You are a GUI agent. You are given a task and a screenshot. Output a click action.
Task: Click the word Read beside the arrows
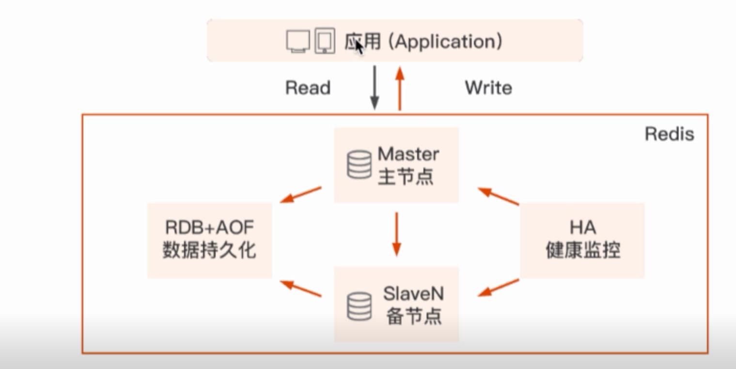[x=308, y=88]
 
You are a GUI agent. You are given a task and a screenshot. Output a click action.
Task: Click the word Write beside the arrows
[x=488, y=88]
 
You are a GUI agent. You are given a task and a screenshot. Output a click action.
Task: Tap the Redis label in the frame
[x=669, y=134]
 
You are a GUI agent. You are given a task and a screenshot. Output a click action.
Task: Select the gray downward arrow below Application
[x=375, y=87]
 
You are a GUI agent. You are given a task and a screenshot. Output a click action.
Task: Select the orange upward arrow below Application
[x=400, y=88]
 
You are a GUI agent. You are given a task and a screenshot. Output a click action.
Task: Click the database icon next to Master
[x=359, y=165]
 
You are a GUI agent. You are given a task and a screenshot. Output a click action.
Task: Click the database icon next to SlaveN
[x=360, y=306]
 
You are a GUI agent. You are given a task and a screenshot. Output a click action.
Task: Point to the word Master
[x=408, y=154]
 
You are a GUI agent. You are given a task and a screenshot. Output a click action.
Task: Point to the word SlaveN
[x=413, y=293]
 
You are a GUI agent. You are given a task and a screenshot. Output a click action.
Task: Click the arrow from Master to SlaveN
[x=397, y=234]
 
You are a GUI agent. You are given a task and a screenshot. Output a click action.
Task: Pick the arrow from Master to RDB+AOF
[x=300, y=194]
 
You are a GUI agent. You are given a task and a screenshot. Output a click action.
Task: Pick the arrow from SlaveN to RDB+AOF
[x=300, y=288]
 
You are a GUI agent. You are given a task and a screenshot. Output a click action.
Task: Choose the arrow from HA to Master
[x=499, y=196]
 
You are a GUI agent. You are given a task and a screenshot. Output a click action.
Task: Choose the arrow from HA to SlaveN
[x=499, y=288]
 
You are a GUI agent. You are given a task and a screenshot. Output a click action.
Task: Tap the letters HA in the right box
[x=582, y=227]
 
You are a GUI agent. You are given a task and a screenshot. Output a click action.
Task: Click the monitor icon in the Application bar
[x=298, y=41]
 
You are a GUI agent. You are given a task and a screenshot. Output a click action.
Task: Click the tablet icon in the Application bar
[x=325, y=41]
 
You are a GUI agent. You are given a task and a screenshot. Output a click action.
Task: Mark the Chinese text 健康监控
[x=582, y=250]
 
